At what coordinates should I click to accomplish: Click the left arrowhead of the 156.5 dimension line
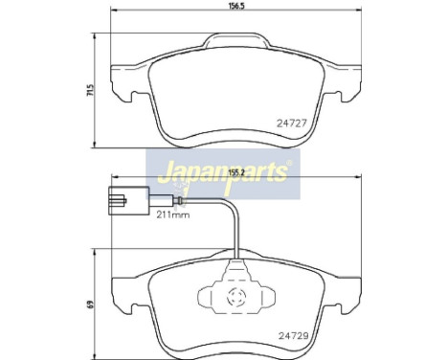pos(117,15)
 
